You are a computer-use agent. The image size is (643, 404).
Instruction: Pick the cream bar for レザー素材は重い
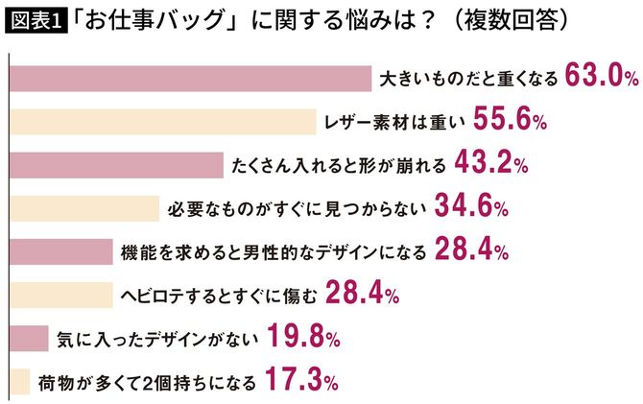pyautogui.click(x=162, y=121)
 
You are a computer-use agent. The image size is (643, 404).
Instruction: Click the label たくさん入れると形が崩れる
pyautogui.click(x=339, y=165)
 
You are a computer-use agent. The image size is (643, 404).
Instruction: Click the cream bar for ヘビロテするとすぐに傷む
pyautogui.click(x=57, y=296)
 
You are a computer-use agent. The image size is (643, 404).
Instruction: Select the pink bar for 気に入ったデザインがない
pyautogui.click(x=27, y=339)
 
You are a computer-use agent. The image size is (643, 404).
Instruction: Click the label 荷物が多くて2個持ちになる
pyautogui.click(x=148, y=383)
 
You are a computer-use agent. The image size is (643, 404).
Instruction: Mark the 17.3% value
pyautogui.click(x=298, y=382)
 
